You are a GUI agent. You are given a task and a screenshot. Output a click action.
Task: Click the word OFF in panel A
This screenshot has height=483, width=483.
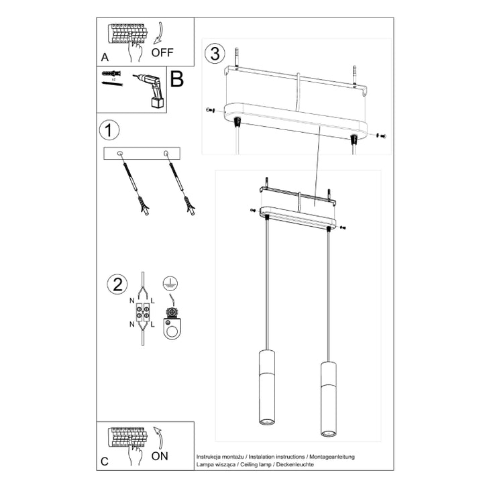click(x=162, y=51)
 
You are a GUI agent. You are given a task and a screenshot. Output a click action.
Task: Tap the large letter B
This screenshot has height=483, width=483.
click(x=176, y=79)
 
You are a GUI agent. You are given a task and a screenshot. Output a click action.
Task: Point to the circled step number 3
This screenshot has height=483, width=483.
click(x=214, y=54)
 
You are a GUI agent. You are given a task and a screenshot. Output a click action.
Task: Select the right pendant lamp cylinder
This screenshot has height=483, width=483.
click(x=327, y=399)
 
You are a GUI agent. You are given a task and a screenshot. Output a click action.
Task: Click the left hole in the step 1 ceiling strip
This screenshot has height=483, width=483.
click(x=121, y=154)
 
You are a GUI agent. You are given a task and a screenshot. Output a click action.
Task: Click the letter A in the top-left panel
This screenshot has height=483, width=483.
click(x=105, y=58)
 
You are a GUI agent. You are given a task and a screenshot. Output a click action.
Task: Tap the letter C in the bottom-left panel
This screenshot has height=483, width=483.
click(x=104, y=461)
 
